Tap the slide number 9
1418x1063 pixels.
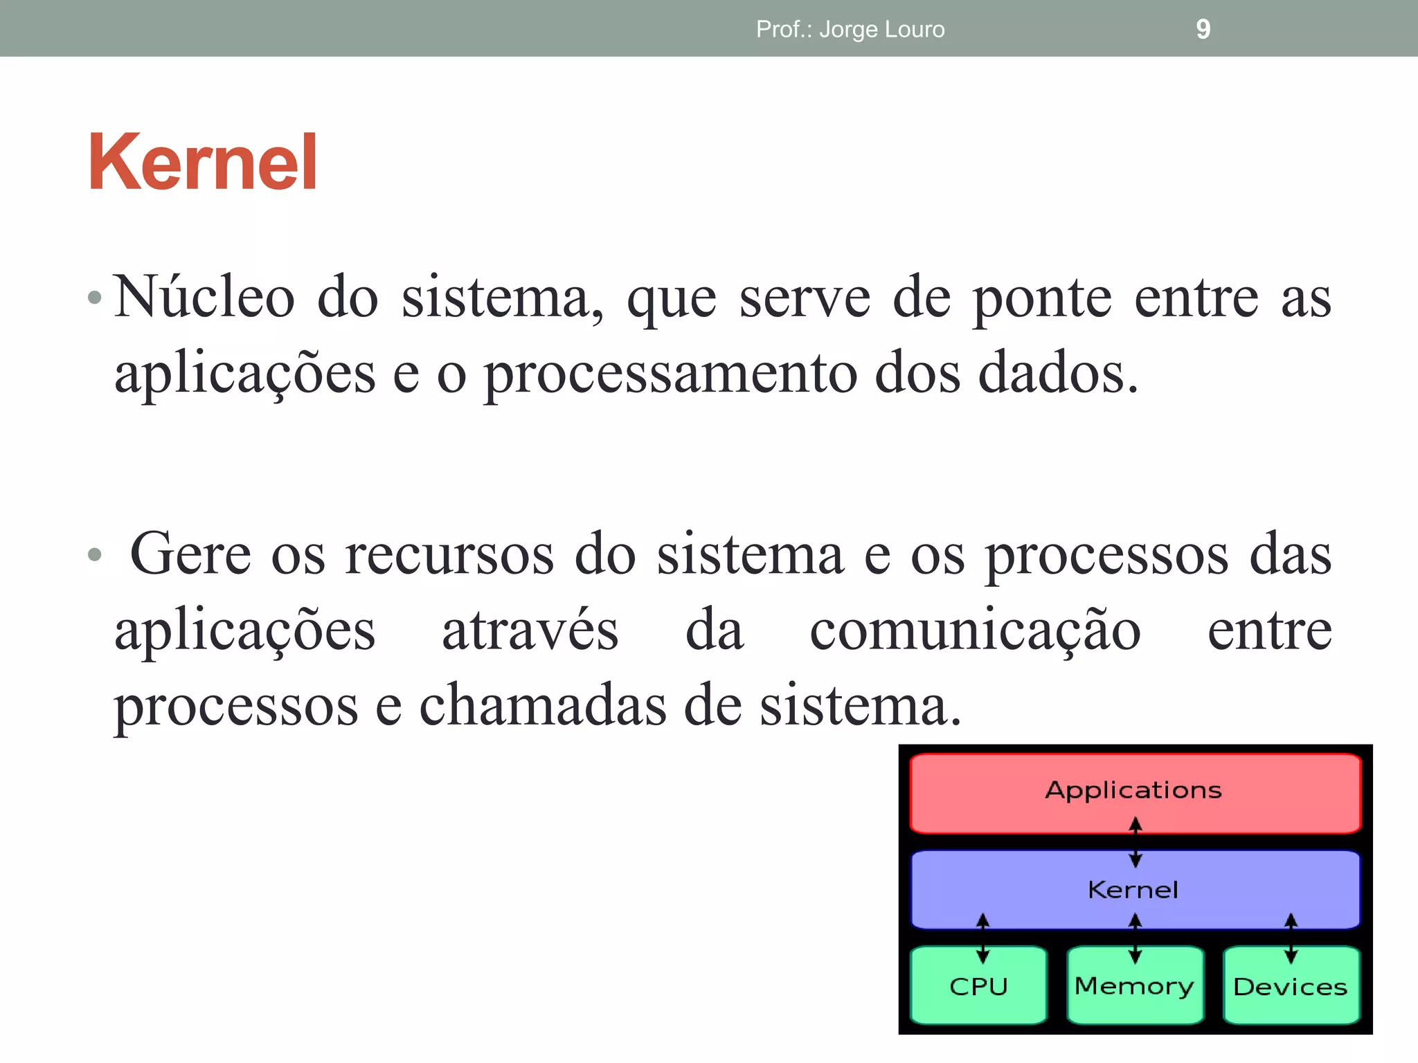point(1203,29)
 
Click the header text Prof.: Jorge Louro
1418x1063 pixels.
point(850,29)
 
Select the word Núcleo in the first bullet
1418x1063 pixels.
point(204,298)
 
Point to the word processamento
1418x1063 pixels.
point(671,374)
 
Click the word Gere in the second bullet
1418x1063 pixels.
point(190,554)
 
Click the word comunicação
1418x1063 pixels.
point(975,631)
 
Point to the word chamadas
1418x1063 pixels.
point(542,706)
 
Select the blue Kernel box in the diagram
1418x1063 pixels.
point(1134,889)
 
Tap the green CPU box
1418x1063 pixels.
point(978,987)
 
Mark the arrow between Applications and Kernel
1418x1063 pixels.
point(1136,842)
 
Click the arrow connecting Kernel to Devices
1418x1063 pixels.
point(1291,938)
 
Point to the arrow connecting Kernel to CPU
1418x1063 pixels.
point(982,938)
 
